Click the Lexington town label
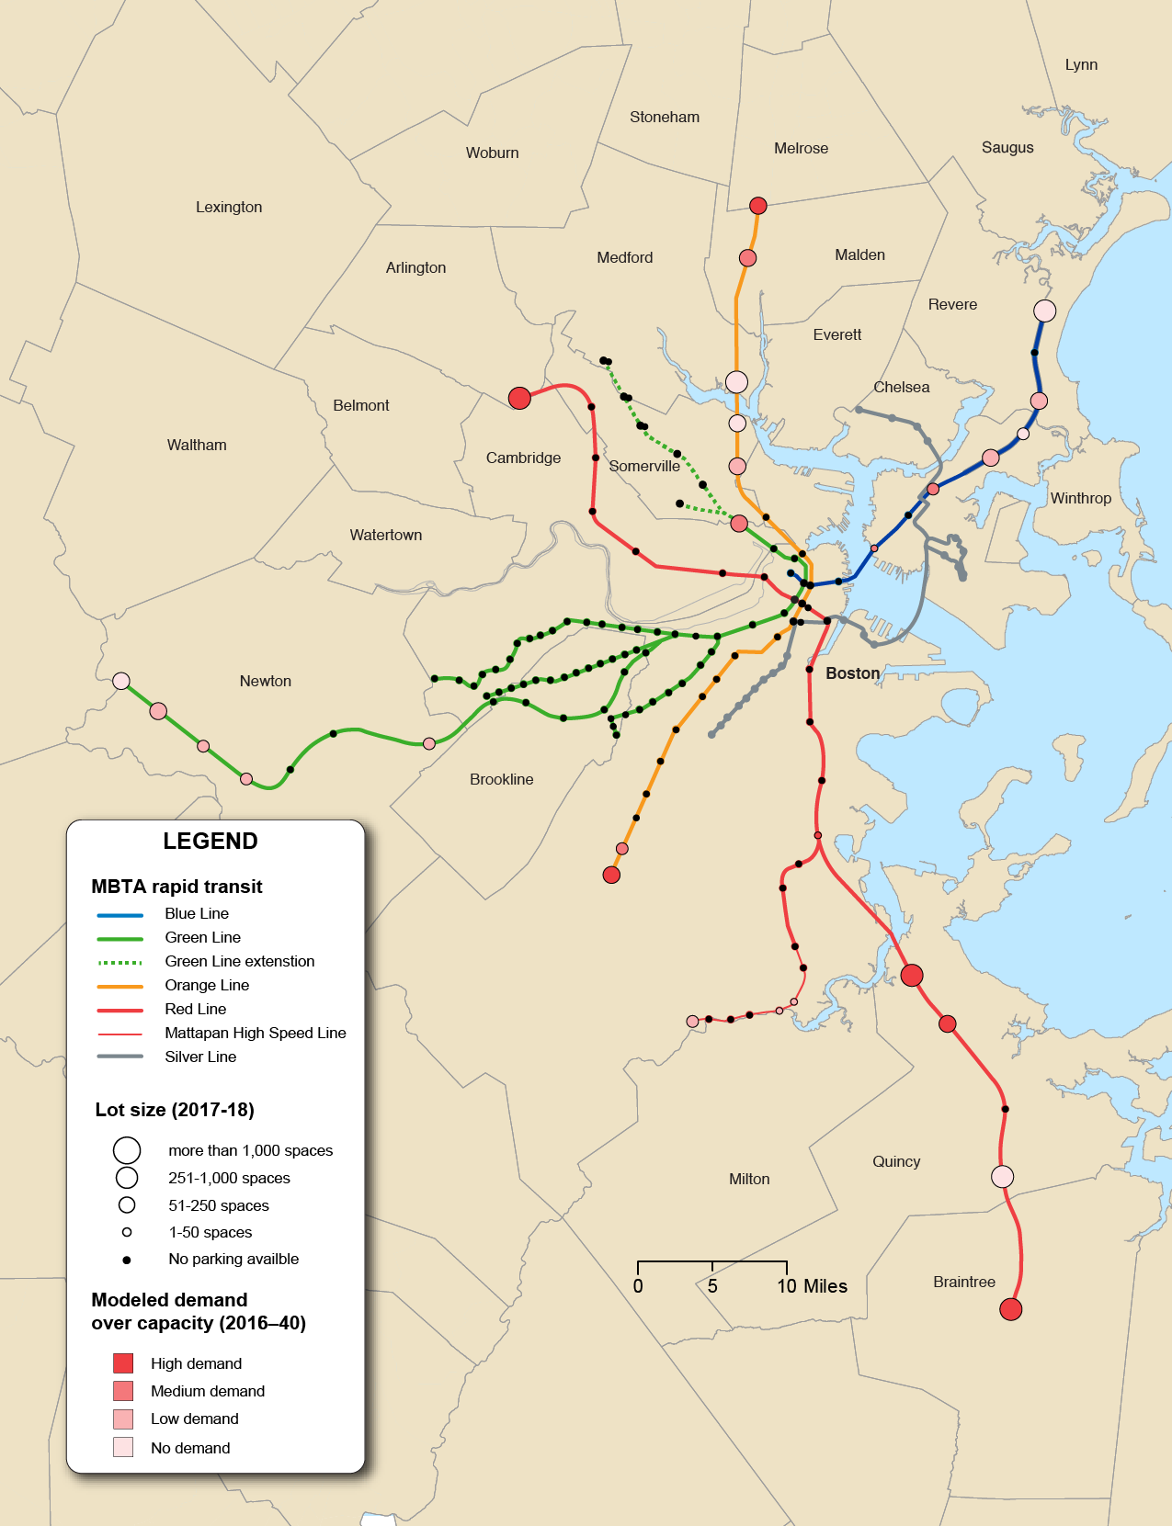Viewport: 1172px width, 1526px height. pyautogui.click(x=229, y=207)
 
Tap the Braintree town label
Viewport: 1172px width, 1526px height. pyautogui.click(x=963, y=1282)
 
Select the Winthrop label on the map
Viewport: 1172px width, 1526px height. pyautogui.click(x=1080, y=498)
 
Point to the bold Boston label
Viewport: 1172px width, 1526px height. pyautogui.click(x=852, y=673)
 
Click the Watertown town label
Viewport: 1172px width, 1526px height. pyautogui.click(x=385, y=535)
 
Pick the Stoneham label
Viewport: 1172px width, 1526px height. pyautogui.click(x=664, y=117)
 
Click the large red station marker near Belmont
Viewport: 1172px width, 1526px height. pyautogui.click(x=519, y=398)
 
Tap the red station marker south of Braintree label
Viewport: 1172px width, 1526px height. pyautogui.click(x=1010, y=1309)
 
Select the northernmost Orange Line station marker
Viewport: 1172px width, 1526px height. pyautogui.click(x=757, y=206)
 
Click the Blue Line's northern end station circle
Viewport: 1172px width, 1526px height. pyautogui.click(x=1044, y=311)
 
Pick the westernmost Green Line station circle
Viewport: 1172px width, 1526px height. pyautogui.click(x=121, y=681)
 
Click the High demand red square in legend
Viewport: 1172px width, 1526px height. pyautogui.click(x=123, y=1363)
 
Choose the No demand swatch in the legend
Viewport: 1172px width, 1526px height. pyautogui.click(x=123, y=1447)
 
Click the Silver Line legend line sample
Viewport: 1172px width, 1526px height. pyautogui.click(x=120, y=1057)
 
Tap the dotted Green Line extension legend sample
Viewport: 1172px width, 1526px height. pyautogui.click(x=120, y=962)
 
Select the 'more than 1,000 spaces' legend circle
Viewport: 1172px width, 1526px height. pyautogui.click(x=127, y=1150)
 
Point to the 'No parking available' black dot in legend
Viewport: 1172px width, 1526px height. pyautogui.click(x=127, y=1260)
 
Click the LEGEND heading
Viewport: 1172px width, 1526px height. pyautogui.click(x=210, y=841)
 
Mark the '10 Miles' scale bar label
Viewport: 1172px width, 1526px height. pyautogui.click(x=812, y=1286)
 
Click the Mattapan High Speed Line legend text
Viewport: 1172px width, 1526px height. pyautogui.click(x=255, y=1033)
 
